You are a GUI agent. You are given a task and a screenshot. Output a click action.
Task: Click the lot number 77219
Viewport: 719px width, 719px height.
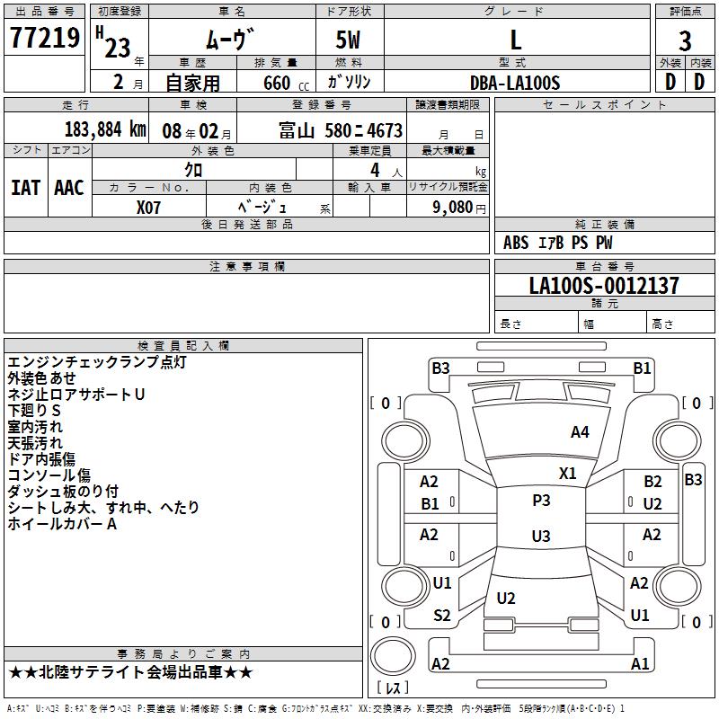(x=45, y=39)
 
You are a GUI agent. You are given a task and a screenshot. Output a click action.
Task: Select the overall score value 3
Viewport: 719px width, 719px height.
(x=685, y=41)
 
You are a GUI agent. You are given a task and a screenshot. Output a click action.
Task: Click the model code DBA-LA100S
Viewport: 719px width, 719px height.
(x=515, y=83)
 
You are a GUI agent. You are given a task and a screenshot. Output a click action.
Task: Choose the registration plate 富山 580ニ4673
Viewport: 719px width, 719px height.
(x=341, y=130)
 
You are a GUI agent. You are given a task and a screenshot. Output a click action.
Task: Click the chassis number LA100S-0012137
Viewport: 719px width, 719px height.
(x=604, y=286)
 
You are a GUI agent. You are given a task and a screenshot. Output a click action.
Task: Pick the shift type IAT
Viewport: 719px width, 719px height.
(x=25, y=188)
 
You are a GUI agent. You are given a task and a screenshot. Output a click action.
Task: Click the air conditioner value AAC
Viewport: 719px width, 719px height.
(x=69, y=188)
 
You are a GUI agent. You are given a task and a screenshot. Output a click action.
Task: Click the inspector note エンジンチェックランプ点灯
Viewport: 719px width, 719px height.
(x=97, y=362)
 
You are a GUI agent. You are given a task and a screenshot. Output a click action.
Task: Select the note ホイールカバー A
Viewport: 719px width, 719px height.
(x=62, y=524)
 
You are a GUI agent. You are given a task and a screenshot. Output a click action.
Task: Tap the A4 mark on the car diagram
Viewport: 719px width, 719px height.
(x=580, y=432)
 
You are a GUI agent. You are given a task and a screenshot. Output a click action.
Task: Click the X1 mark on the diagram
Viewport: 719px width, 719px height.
(x=567, y=474)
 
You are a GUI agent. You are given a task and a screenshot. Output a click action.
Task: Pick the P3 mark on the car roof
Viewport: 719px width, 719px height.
(x=541, y=501)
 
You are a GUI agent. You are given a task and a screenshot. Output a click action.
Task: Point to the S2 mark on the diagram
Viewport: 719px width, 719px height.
(x=442, y=616)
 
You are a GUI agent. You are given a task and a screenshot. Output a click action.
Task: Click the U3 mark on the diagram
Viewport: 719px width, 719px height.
(x=541, y=537)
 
